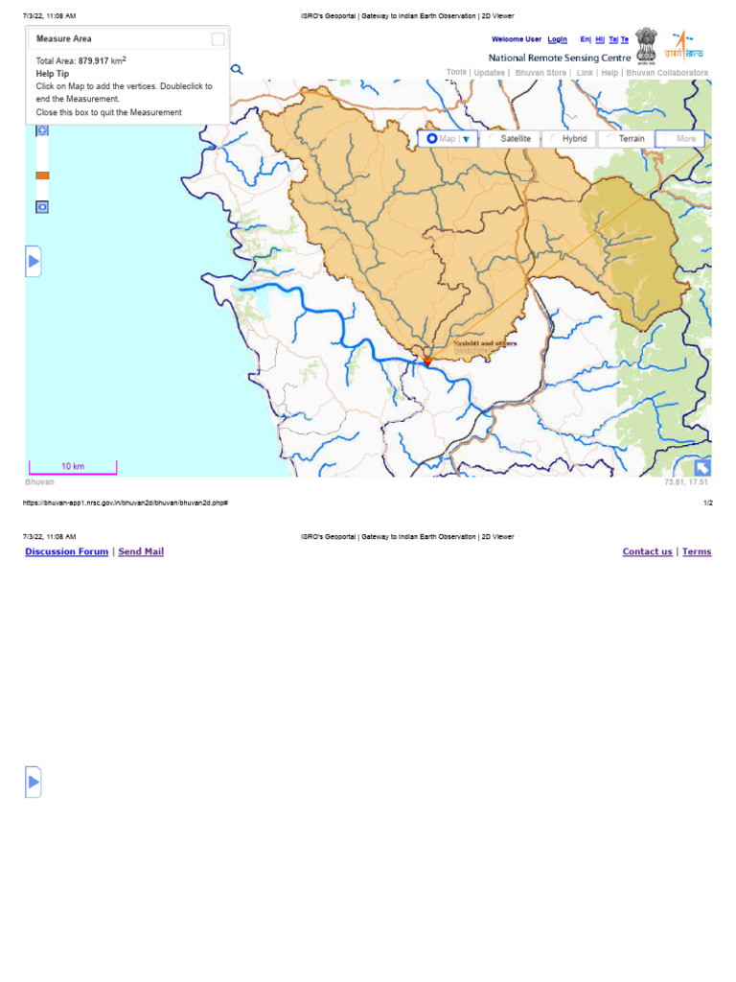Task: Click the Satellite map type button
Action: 510,139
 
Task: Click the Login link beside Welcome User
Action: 557,39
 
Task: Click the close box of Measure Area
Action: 218,39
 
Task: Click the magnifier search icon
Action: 237,69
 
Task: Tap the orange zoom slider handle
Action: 42,175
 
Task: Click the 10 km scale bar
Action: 73,469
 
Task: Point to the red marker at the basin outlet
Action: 427,362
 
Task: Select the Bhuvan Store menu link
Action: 540,73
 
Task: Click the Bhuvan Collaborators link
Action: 667,73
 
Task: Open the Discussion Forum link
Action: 67,552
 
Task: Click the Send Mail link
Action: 141,552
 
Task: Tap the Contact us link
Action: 647,552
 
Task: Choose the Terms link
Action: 697,552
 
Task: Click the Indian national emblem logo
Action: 646,42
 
